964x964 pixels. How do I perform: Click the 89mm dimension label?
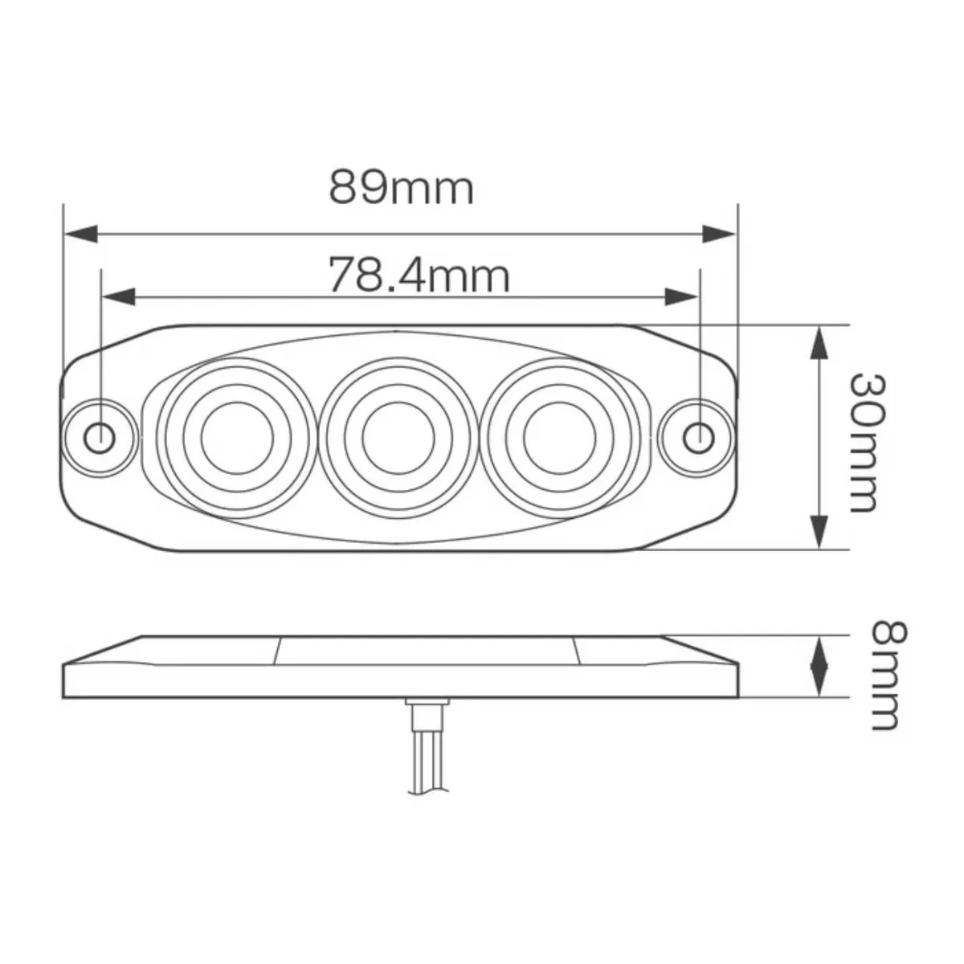point(401,188)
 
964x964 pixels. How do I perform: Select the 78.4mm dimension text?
point(418,276)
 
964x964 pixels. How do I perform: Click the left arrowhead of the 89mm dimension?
point(80,234)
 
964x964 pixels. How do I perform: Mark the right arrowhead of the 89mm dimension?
point(718,234)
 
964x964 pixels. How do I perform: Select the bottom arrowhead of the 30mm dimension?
point(818,533)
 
